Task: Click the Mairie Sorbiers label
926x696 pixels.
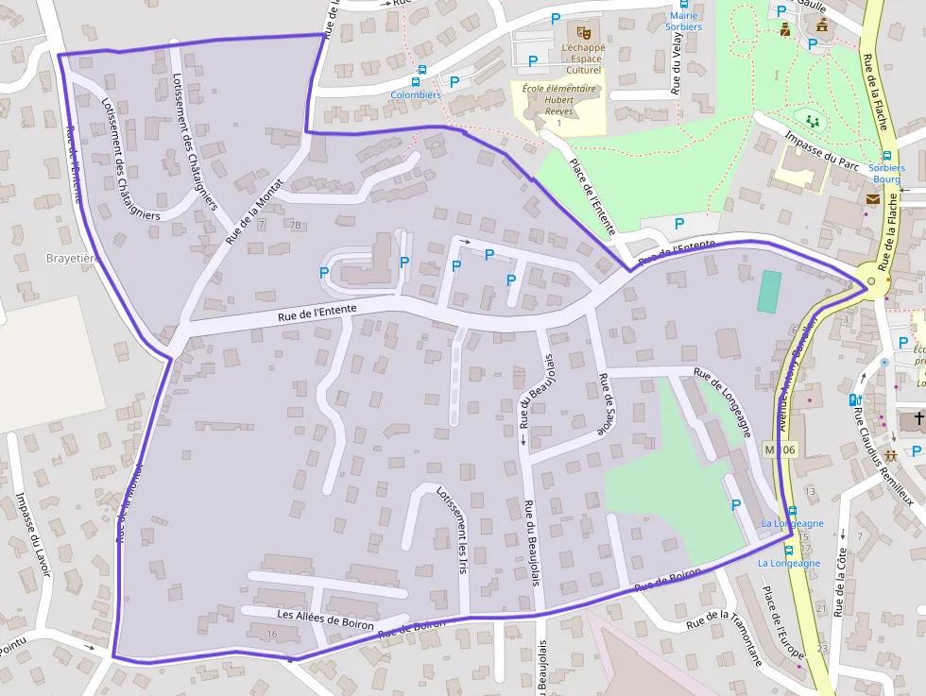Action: pyautogui.click(x=683, y=21)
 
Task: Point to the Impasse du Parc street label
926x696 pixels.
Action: pyautogui.click(x=821, y=151)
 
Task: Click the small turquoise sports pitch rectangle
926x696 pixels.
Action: pyautogui.click(x=769, y=292)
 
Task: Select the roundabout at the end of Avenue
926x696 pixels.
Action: pyautogui.click(x=871, y=280)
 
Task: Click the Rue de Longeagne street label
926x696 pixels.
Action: pyautogui.click(x=723, y=402)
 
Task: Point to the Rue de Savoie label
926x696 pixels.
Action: pyautogui.click(x=602, y=405)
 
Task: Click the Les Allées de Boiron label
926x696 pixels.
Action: pyautogui.click(x=325, y=620)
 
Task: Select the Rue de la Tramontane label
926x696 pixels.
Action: pyautogui.click(x=724, y=639)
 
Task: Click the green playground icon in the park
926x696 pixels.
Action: pyautogui.click(x=811, y=120)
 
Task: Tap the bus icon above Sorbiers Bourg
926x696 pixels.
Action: pyautogui.click(x=886, y=156)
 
